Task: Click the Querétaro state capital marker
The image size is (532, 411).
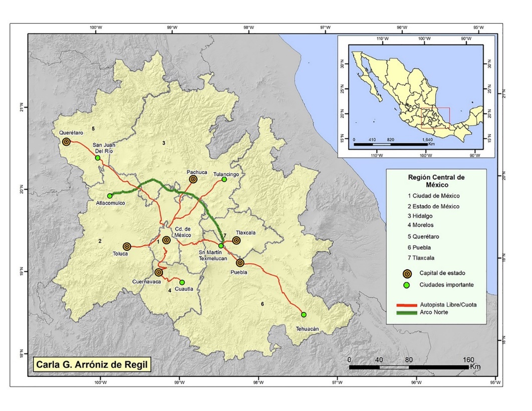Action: click(x=66, y=142)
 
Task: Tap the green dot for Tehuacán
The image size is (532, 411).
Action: click(x=304, y=314)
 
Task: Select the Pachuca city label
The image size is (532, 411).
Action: click(x=196, y=170)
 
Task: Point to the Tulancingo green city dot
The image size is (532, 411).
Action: click(x=224, y=179)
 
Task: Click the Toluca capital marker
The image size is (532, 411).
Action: click(x=127, y=246)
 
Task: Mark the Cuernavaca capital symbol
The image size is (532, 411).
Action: click(x=159, y=272)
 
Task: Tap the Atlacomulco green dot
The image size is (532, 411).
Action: click(x=110, y=196)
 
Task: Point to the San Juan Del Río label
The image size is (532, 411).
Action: click(x=106, y=148)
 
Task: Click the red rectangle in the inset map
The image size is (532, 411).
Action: click(x=435, y=118)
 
